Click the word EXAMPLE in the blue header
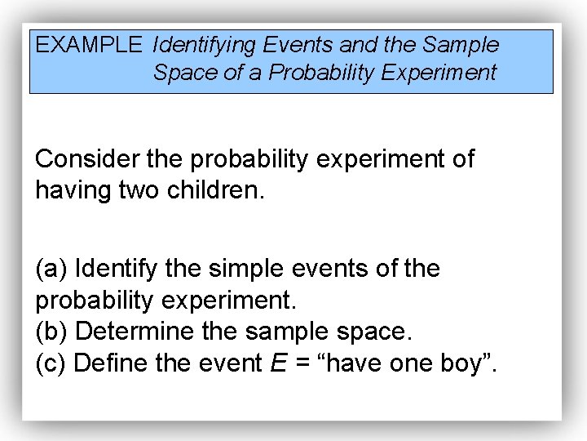coord(88,45)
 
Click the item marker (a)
coord(52,269)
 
